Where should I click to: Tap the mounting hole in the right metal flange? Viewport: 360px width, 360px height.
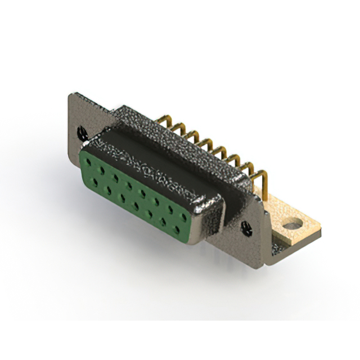tap(246, 227)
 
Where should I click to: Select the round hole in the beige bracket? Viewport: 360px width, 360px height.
tap(292, 226)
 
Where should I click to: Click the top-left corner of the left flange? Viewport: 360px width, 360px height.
tap(71, 96)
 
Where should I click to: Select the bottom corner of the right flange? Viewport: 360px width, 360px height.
tap(269, 262)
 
